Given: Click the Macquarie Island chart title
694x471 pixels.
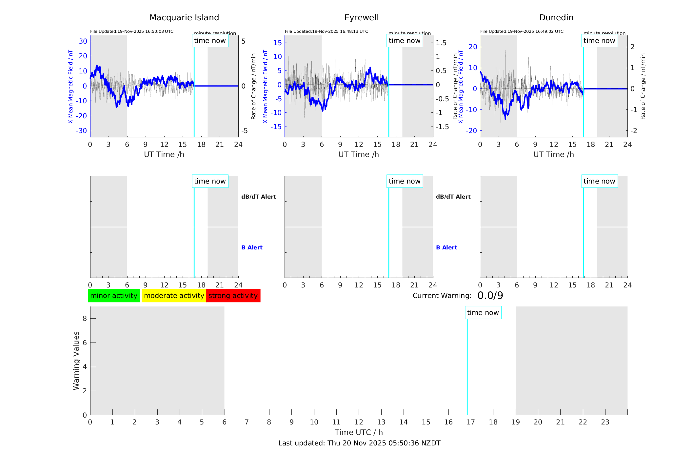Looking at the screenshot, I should click(184, 18).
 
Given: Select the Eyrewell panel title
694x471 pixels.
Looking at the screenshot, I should click(361, 18).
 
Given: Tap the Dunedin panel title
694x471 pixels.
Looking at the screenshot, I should click(556, 18).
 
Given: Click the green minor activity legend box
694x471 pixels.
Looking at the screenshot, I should click(114, 296).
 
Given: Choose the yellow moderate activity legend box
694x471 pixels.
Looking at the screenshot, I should click(174, 296).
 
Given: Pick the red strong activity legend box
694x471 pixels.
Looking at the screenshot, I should click(233, 296).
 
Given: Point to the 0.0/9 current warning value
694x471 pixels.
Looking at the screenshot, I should click(490, 296).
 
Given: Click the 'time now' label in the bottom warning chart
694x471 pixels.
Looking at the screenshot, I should click(483, 313).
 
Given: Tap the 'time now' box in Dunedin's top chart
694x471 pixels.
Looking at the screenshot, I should click(599, 41).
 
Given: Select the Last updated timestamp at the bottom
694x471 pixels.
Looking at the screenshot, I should click(359, 443).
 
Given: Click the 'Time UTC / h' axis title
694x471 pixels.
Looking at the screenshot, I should click(359, 432).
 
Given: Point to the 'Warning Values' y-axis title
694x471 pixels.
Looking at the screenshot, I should click(76, 361).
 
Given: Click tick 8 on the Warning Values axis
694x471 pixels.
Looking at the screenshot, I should click(85, 318).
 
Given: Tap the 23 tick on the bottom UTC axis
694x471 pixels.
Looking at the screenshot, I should click(605, 422).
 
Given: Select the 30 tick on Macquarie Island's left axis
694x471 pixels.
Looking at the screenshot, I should click(83, 41).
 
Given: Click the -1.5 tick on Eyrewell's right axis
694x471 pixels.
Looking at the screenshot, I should click(442, 127).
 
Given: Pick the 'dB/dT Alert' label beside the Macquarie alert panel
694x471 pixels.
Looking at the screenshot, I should click(258, 197).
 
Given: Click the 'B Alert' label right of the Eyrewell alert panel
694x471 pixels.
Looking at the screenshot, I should click(446, 247).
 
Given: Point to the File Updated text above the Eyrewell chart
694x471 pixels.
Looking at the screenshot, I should click(326, 31).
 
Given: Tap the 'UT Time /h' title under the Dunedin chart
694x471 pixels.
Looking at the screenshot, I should click(553, 154).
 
